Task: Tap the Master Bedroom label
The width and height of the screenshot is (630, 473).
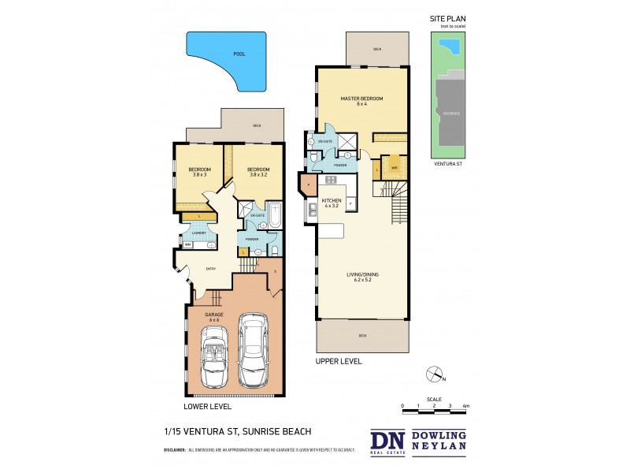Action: pyautogui.click(x=361, y=101)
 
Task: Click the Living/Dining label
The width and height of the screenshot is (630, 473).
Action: pyautogui.click(x=362, y=277)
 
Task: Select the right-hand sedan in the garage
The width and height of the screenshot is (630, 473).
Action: pyautogui.click(x=254, y=351)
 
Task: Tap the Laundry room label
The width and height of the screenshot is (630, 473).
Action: pyautogui.click(x=198, y=233)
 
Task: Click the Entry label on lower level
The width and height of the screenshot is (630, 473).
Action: pyautogui.click(x=211, y=269)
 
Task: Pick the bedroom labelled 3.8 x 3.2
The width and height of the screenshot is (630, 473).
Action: pyautogui.click(x=258, y=172)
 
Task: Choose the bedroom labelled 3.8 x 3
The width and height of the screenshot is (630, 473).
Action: pyautogui.click(x=199, y=172)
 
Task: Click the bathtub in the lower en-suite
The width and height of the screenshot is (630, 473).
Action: pyautogui.click(x=276, y=215)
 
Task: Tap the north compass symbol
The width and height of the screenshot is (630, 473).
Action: pyautogui.click(x=432, y=374)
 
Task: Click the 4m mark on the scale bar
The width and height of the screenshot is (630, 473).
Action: pyautogui.click(x=466, y=405)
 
